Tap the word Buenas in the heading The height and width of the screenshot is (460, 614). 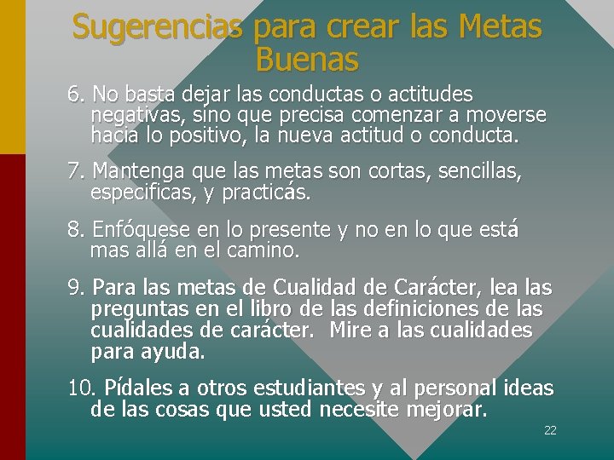pos(307,60)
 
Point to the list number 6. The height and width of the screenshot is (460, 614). pos(76,94)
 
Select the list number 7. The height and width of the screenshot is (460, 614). pos(76,172)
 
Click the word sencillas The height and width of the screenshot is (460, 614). pos(479,172)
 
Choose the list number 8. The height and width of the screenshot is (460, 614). pos(76,230)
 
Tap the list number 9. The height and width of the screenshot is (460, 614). pos(76,288)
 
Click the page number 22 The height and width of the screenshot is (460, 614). pos(550,430)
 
